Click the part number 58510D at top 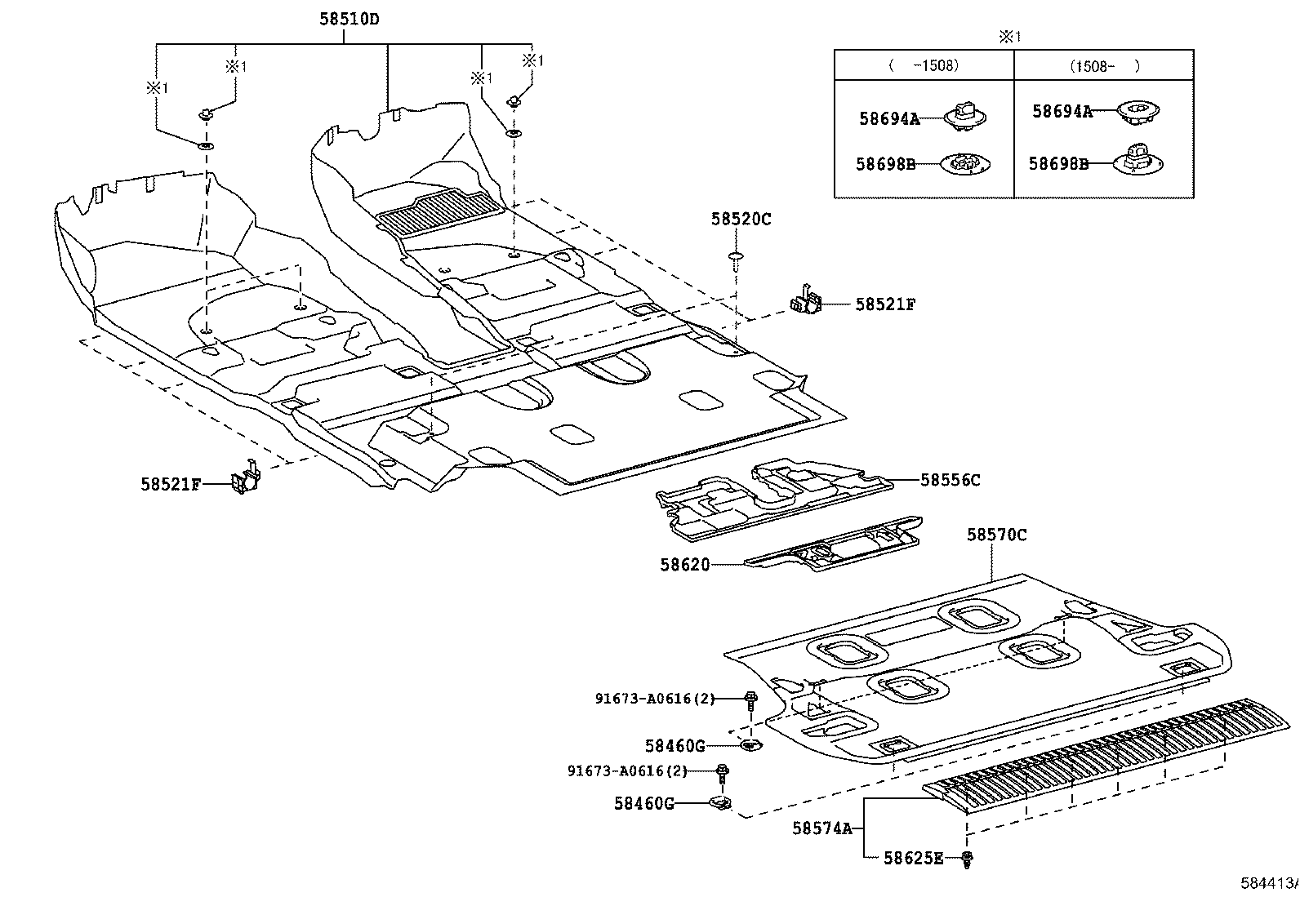click(349, 19)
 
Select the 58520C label click(741, 219)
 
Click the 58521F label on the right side click(885, 304)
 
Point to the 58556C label click(951, 480)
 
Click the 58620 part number click(684, 564)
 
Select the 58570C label click(996, 535)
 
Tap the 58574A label click(821, 828)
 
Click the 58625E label click(914, 858)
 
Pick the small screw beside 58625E click(968, 858)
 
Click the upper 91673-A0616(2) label click(654, 698)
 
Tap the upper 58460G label click(674, 745)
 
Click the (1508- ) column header click(1104, 66)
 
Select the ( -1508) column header click(924, 66)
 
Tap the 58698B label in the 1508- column click(1058, 163)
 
